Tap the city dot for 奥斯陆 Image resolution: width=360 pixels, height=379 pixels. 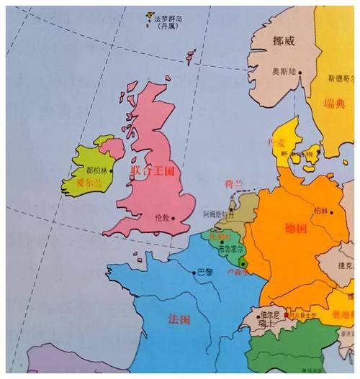[301, 72]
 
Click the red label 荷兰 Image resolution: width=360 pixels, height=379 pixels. [234, 184]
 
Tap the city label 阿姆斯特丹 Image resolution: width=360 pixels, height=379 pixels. [219, 214]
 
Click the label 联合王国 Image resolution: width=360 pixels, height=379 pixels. [152, 170]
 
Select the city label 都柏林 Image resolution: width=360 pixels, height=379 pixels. [95, 170]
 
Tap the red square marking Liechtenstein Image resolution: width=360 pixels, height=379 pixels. [287, 315]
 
